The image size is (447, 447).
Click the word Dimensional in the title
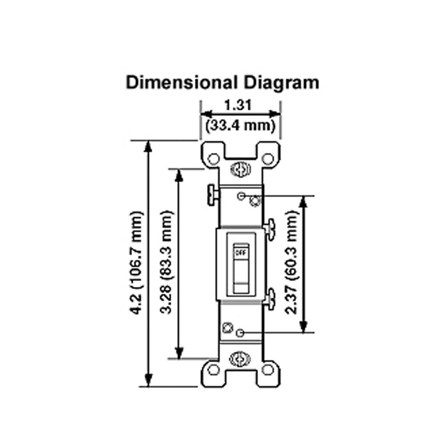[182, 83]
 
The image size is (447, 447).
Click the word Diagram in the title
[281, 84]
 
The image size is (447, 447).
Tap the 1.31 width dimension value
[238, 105]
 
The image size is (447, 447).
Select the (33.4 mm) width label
[241, 125]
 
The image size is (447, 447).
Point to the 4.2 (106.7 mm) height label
[136, 262]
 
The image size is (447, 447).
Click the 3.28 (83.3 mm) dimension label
[166, 262]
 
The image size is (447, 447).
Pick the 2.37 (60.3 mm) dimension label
[291, 262]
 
